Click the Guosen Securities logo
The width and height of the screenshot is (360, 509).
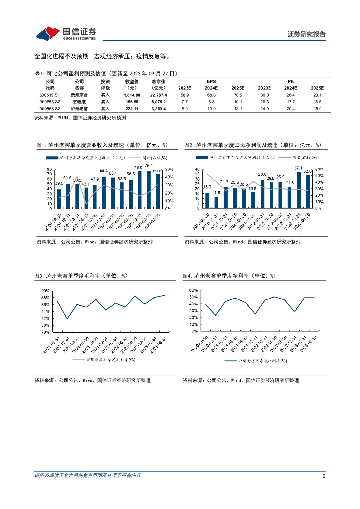pyautogui.click(x=66, y=33)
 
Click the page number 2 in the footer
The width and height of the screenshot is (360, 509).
pyautogui.click(x=324, y=476)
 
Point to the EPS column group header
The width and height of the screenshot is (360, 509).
pyautogui.click(x=211, y=81)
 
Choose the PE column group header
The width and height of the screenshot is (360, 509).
pyautogui.click(x=291, y=81)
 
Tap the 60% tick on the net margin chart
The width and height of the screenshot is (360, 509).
pyautogui.click(x=194, y=290)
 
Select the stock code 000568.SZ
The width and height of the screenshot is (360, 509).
pyautogui.click(x=50, y=108)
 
